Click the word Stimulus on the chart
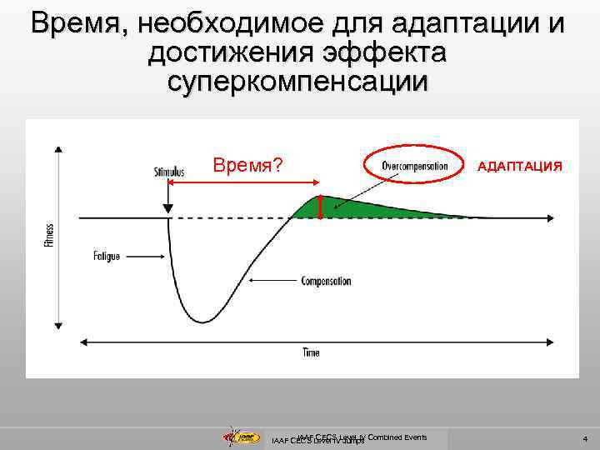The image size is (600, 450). [169, 172]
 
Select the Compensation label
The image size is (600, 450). [326, 281]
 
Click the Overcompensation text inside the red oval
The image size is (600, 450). [414, 164]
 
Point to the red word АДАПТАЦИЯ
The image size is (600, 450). [519, 166]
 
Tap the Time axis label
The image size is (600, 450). [310, 352]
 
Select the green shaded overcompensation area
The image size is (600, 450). [358, 208]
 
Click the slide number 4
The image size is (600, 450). [585, 438]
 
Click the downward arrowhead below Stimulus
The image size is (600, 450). [169, 207]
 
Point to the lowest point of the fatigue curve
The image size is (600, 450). [202, 322]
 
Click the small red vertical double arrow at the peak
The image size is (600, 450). [322, 207]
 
